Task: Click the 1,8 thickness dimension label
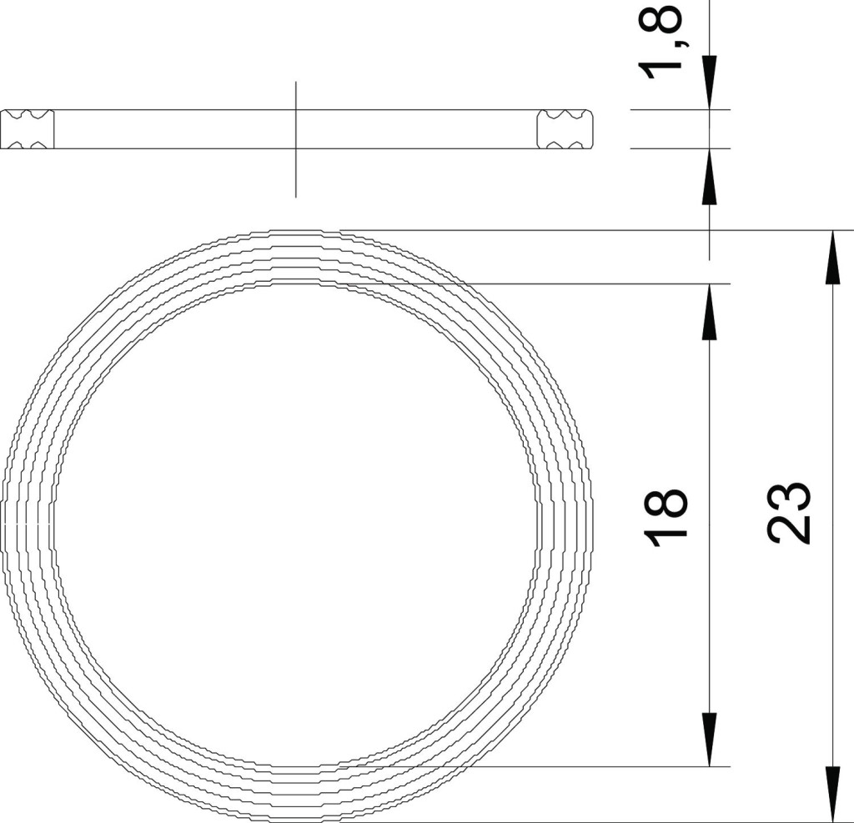point(663,42)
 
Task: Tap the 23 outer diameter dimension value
point(790,513)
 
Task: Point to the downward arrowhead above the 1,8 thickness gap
point(709,83)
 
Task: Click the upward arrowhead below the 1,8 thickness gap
point(709,176)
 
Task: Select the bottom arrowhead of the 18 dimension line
point(709,739)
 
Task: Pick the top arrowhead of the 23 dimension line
point(831,258)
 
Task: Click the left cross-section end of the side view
point(28,129)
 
